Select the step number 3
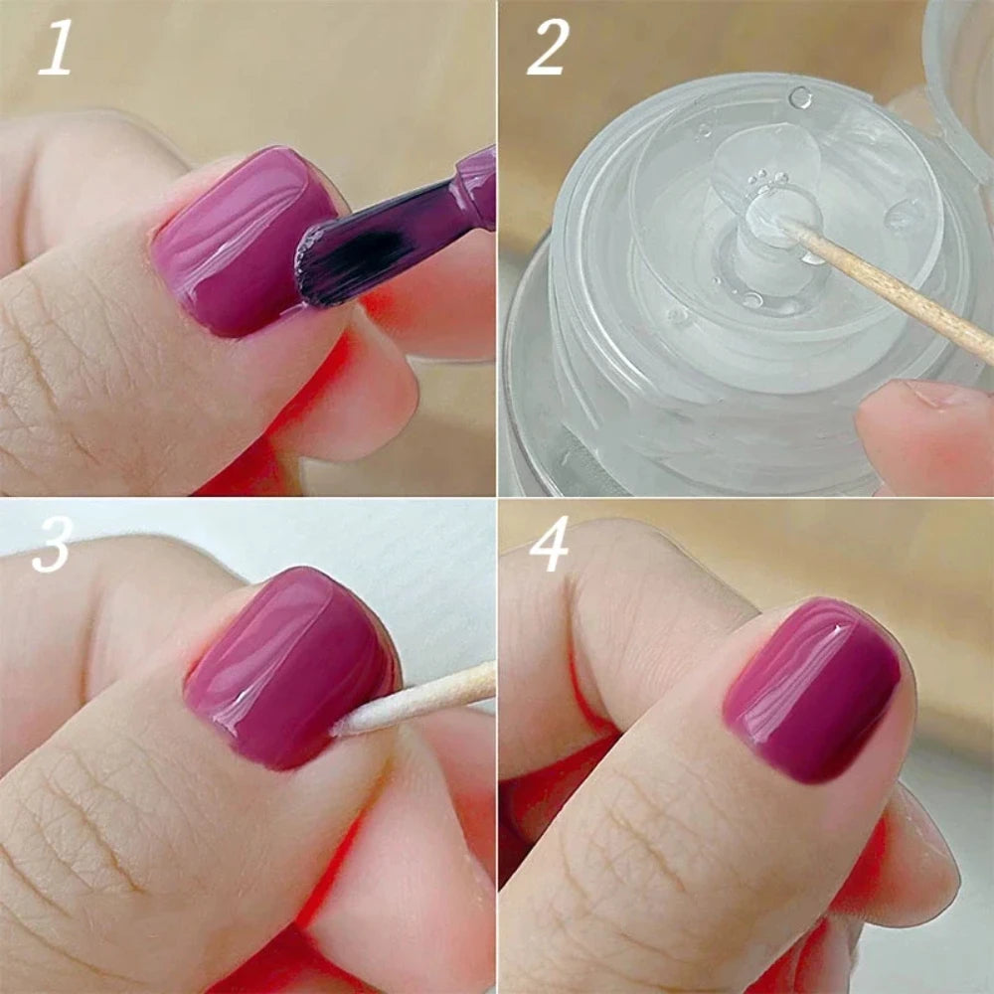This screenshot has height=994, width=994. [52, 547]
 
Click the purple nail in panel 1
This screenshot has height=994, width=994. [239, 239]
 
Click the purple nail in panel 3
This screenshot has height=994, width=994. [288, 666]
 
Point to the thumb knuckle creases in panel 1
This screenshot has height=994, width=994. [60, 378]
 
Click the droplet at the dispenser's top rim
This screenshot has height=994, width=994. [800, 96]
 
